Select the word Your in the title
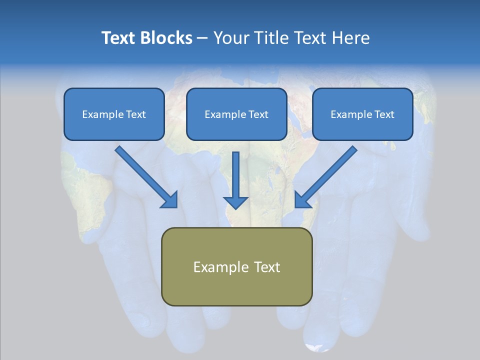[231, 38]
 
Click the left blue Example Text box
[114, 114]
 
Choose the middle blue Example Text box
[236, 114]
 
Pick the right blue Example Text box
[362, 114]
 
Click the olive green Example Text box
[236, 266]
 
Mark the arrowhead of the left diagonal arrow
[170, 199]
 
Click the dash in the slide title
[202, 38]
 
